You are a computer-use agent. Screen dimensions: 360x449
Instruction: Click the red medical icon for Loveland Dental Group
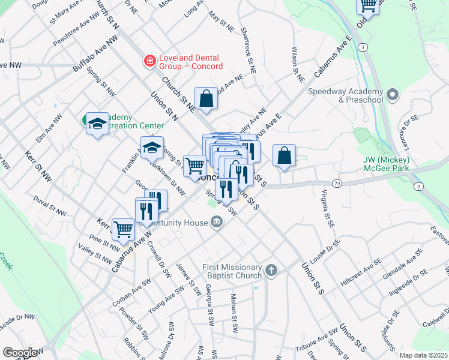point(148,61)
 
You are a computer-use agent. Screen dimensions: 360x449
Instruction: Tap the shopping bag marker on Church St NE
point(206,99)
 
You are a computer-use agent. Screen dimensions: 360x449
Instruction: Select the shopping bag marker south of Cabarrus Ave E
point(285,155)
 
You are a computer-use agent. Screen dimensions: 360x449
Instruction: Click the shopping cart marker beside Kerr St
point(123,228)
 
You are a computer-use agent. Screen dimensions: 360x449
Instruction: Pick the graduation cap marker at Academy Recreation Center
point(97,124)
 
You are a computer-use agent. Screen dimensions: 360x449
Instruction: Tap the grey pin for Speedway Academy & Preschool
point(393,95)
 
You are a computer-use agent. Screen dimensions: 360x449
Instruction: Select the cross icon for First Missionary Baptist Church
point(271,270)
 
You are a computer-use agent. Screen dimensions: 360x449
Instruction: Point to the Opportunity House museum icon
point(216,223)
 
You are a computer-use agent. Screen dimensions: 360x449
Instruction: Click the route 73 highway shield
point(337,182)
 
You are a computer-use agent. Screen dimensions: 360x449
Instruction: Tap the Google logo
point(20,353)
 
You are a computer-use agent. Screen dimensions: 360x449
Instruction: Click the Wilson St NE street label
point(297,65)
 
